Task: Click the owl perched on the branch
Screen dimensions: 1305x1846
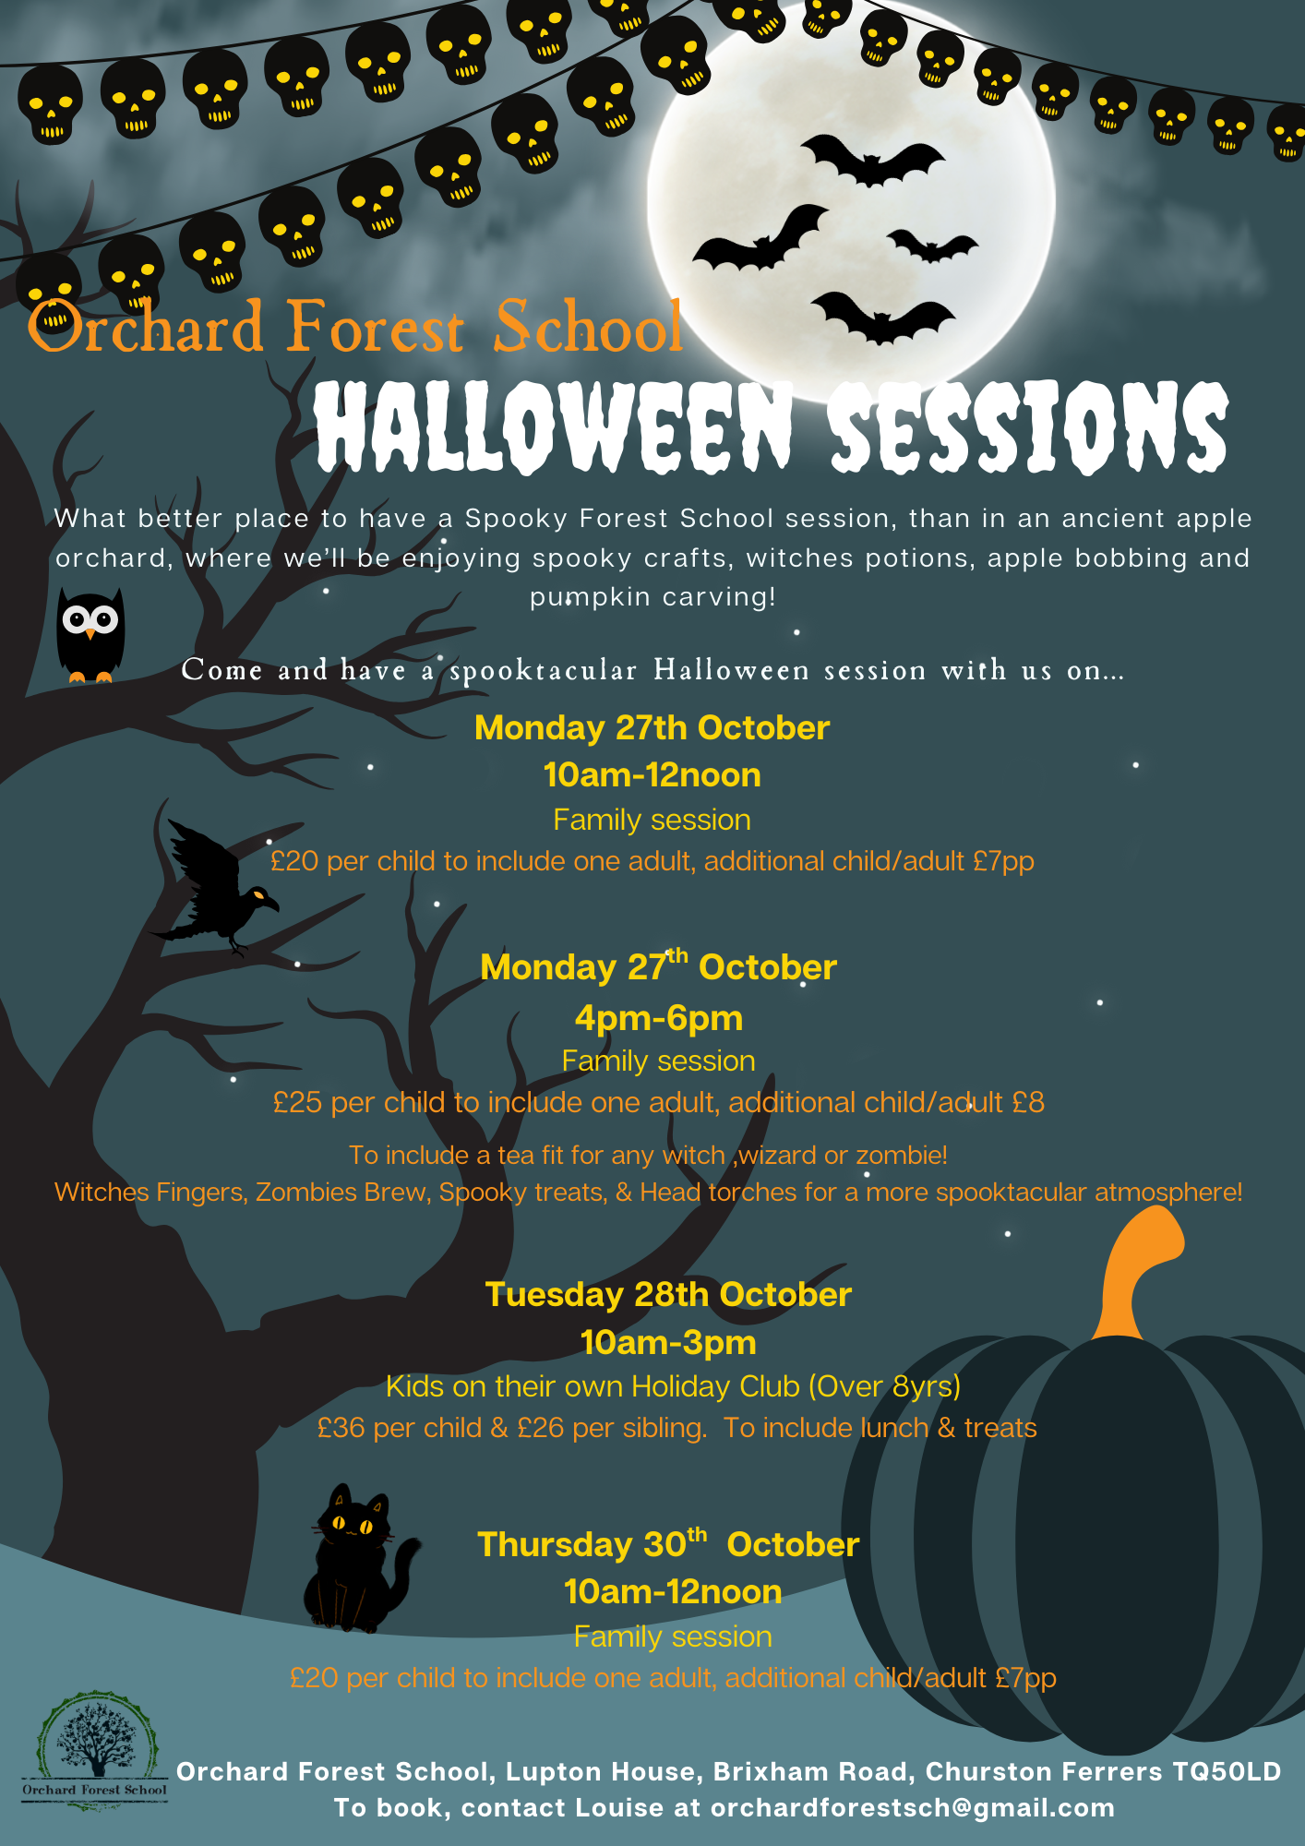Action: click(x=90, y=635)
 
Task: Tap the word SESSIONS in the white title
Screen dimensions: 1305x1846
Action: click(x=1028, y=426)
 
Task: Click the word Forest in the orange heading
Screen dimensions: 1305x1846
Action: click(x=375, y=327)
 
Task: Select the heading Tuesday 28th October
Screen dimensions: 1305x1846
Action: click(x=668, y=1294)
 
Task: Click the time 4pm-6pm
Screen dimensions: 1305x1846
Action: click(x=659, y=1018)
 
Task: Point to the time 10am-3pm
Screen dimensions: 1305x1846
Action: click(x=668, y=1342)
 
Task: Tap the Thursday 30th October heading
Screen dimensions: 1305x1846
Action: click(x=668, y=1543)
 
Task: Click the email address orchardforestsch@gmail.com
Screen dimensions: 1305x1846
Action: click(x=913, y=1807)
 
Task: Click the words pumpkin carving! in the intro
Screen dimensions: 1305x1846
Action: click(x=653, y=597)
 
